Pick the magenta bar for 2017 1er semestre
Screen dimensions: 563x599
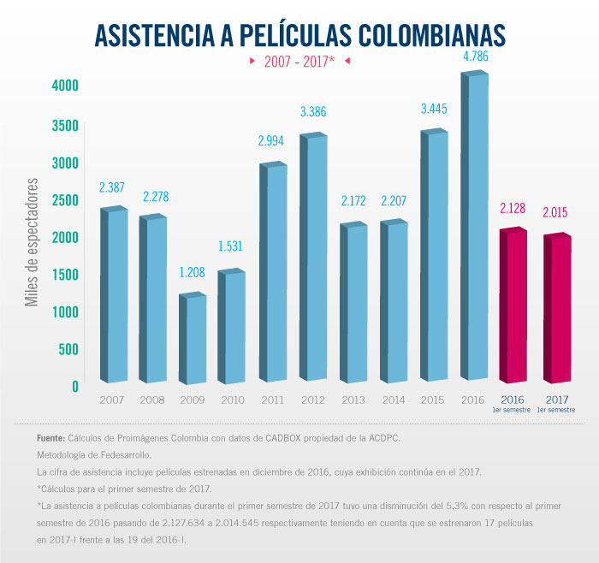coord(557,308)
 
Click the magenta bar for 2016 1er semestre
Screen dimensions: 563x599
coord(513,305)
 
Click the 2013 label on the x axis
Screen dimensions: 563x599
coord(353,400)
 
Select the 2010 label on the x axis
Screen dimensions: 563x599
coord(233,400)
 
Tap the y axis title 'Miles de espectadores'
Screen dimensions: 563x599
coord(32,242)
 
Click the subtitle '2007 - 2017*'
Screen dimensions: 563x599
coord(299,62)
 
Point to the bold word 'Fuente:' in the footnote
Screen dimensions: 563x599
coord(52,438)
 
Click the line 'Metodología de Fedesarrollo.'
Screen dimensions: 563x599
coord(93,455)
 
